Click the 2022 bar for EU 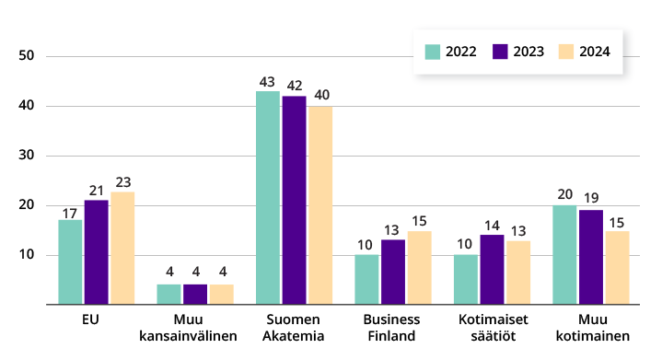tap(70, 262)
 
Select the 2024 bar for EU tap(122, 248)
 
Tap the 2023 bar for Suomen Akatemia tap(295, 200)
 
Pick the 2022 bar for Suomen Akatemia tap(268, 198)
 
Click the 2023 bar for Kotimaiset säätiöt tap(493, 270)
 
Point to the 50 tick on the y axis tap(27, 56)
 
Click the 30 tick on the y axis tap(27, 156)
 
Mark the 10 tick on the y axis tap(27, 255)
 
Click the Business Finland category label tap(393, 327)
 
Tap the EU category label tap(90, 319)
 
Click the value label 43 tap(268, 81)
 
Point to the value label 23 tap(122, 181)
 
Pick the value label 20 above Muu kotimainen tap(564, 195)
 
